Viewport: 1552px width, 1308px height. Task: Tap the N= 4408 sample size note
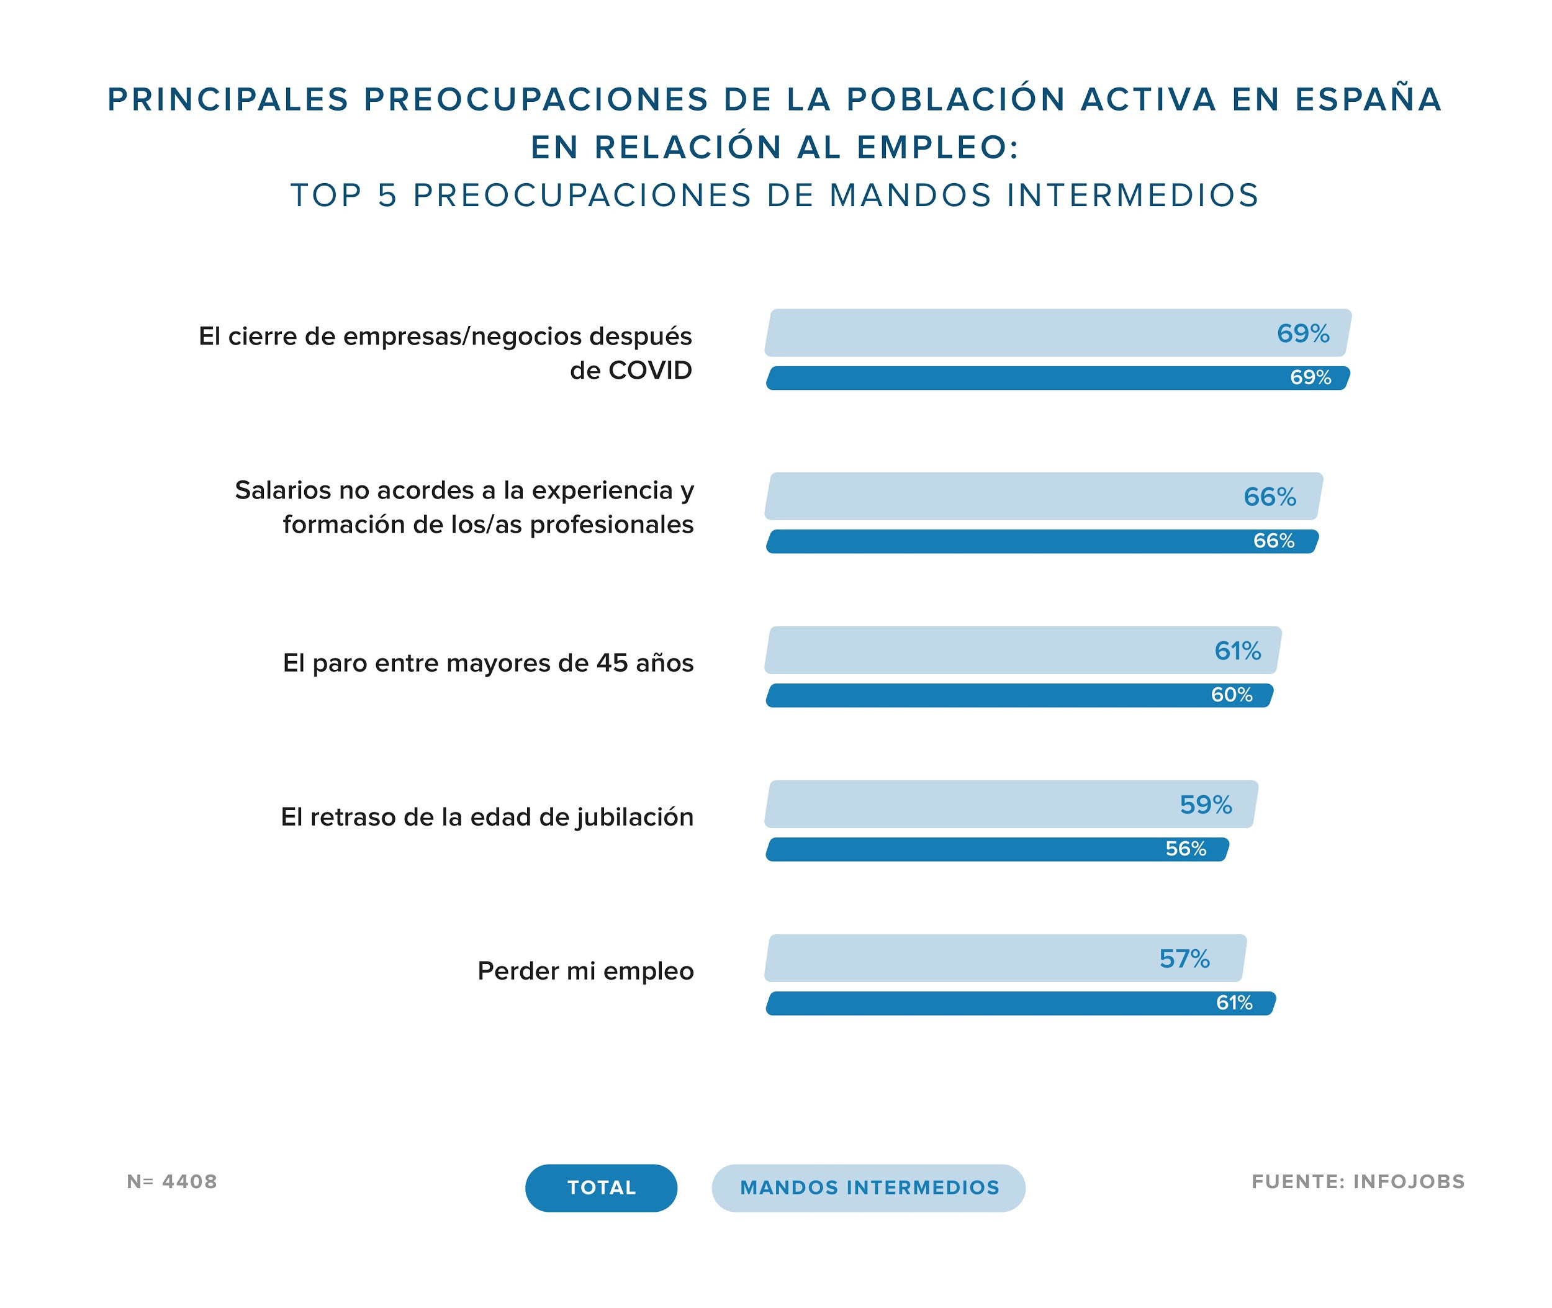pos(172,1181)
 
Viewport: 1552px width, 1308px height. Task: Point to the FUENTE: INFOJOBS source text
pos(1358,1181)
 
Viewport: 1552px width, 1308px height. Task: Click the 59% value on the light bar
pos(1206,805)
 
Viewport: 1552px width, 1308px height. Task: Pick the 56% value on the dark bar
pos(1186,849)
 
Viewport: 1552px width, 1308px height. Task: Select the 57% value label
pos(1184,958)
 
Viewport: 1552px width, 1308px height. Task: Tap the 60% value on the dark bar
pos(1232,695)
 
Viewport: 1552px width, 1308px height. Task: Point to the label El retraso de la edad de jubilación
pos(487,816)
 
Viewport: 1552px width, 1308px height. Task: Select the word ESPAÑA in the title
pos(1368,99)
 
